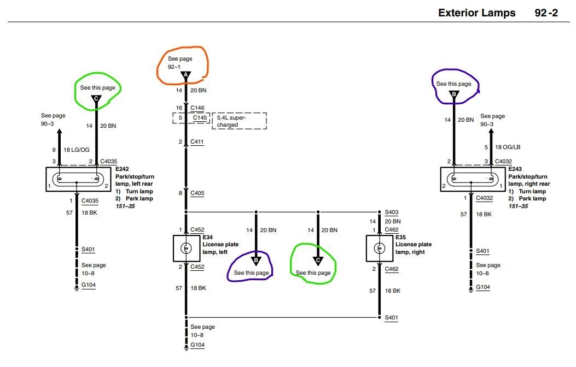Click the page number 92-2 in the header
coord(546,13)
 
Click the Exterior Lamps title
coord(476,13)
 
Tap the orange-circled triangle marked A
coord(186,75)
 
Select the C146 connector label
coord(197,108)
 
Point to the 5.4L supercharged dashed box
coord(239,121)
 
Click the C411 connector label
coord(197,142)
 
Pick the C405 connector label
coord(197,193)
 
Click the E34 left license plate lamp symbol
coord(186,248)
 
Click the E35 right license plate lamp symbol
coord(379,248)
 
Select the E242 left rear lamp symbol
coord(77,179)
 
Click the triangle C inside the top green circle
coord(96,99)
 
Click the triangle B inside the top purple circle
coord(453,95)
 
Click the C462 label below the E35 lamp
coord(392,269)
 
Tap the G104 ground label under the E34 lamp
coord(197,345)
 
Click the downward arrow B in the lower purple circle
coord(255,261)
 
